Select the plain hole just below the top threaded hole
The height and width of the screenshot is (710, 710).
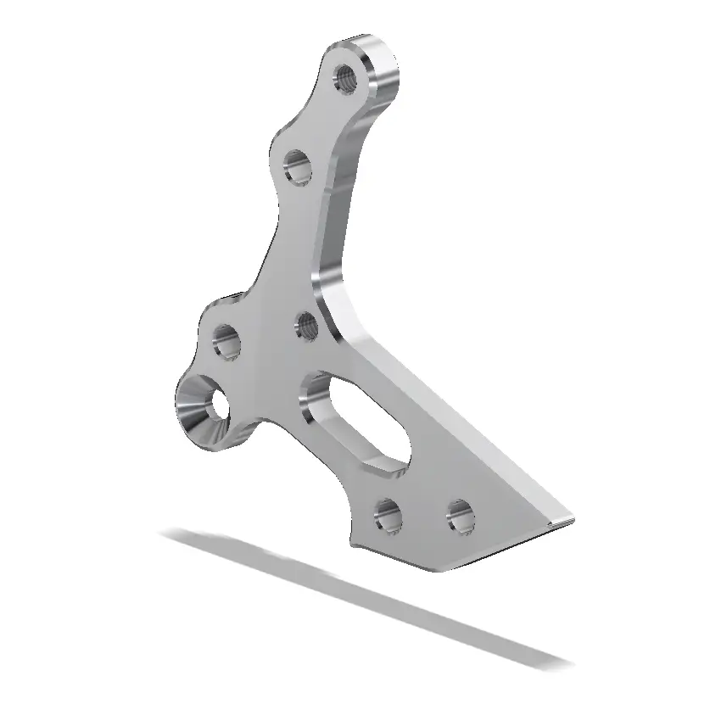click(x=297, y=167)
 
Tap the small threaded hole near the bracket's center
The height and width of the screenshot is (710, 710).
click(x=306, y=326)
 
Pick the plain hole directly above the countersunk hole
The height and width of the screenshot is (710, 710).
click(x=226, y=343)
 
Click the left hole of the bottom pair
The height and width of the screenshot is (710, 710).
click(x=388, y=514)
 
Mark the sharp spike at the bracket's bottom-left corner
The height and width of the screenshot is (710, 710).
click(x=351, y=540)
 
